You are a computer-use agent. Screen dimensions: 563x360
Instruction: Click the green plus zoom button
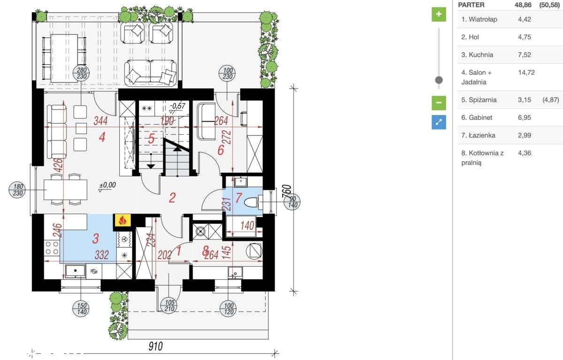[439, 15]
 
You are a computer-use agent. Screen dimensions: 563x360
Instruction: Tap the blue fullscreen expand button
[439, 122]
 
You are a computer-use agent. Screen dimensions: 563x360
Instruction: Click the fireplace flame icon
[122, 221]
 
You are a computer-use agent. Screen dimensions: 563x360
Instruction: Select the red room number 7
[239, 198]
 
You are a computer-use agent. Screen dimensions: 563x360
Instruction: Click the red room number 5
[151, 138]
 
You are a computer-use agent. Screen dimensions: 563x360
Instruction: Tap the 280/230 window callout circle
[81, 73]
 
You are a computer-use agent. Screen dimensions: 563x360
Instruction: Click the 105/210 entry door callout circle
[169, 305]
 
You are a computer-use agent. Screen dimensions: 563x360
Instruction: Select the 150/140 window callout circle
[81, 308]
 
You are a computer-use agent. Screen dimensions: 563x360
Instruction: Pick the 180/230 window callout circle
[18, 190]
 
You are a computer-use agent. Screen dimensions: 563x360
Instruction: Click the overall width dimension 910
[156, 346]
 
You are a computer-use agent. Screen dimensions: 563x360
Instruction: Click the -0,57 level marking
[177, 106]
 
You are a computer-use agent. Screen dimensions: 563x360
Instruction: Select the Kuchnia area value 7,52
[525, 55]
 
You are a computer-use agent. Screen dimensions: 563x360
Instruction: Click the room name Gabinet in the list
[480, 117]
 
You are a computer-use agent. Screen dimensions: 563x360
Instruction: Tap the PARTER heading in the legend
[471, 5]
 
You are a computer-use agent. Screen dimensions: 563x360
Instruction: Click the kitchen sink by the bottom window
[76, 271]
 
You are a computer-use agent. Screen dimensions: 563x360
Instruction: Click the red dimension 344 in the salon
[100, 121]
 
